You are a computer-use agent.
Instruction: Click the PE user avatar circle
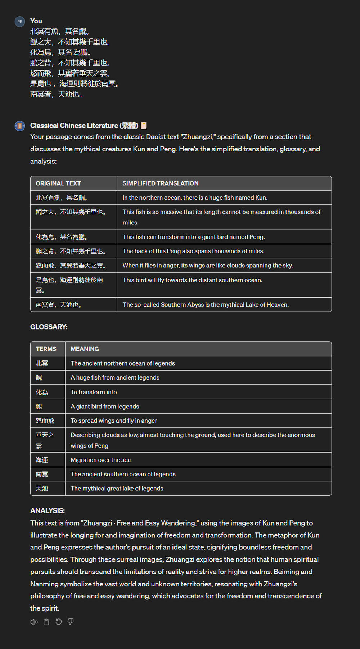[20, 22]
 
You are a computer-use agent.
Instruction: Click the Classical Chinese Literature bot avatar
[20, 126]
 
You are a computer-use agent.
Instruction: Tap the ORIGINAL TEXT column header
[58, 183]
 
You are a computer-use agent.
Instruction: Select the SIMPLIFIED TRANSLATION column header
[160, 183]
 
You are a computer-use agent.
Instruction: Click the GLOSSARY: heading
[49, 327]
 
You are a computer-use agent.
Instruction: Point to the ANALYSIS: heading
[48, 510]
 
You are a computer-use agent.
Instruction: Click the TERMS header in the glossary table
[46, 349]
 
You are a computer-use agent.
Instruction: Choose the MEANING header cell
[85, 349]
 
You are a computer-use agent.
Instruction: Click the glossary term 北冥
[42, 363]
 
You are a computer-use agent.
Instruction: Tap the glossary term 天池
[42, 489]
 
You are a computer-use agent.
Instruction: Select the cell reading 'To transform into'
[94, 392]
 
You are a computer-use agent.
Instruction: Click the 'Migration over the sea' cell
[100, 460]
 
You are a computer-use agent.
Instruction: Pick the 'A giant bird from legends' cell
[105, 407]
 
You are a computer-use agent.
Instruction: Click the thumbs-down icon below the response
[71, 622]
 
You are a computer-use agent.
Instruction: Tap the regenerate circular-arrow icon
[59, 622]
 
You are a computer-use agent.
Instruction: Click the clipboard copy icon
[46, 622]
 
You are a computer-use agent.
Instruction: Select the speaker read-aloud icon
[34, 622]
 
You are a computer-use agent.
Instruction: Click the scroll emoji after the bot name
[144, 126]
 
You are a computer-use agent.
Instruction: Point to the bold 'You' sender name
[36, 21]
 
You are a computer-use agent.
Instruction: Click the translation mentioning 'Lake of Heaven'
[206, 305]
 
